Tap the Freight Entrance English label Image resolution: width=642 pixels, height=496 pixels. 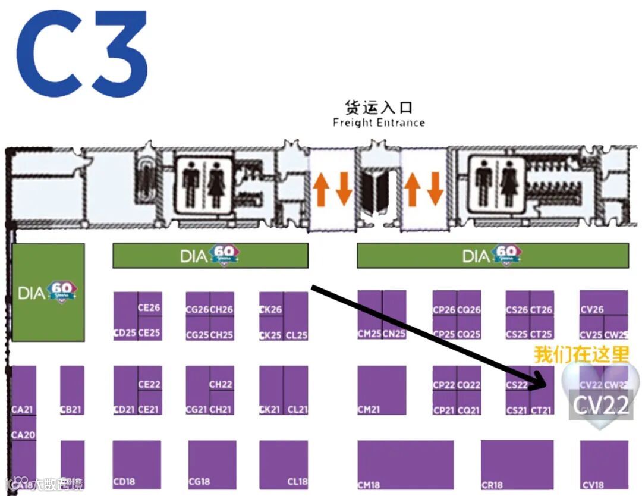[379, 123]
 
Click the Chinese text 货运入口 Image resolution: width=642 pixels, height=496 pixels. [379, 108]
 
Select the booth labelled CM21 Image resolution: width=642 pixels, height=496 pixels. [382, 390]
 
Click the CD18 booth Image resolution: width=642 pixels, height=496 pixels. [137, 464]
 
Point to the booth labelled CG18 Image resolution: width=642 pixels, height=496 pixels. [212, 464]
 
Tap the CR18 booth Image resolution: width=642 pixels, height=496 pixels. [517, 464]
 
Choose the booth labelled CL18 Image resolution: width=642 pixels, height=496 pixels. [284, 464]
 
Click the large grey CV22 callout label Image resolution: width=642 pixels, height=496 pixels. [600, 406]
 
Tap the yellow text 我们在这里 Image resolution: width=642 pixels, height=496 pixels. [581, 355]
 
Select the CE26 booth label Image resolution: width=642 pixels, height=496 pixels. [149, 308]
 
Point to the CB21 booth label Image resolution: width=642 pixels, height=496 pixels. [71, 410]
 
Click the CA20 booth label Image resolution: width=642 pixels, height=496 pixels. [23, 435]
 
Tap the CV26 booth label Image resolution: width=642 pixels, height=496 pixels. [592, 310]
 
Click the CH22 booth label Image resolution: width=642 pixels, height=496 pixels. [221, 384]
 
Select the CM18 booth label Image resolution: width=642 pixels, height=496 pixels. [369, 485]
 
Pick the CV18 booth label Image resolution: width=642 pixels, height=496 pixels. [593, 485]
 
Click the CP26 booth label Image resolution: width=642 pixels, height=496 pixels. [444, 310]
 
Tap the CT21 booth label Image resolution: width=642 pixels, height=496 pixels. [541, 410]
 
